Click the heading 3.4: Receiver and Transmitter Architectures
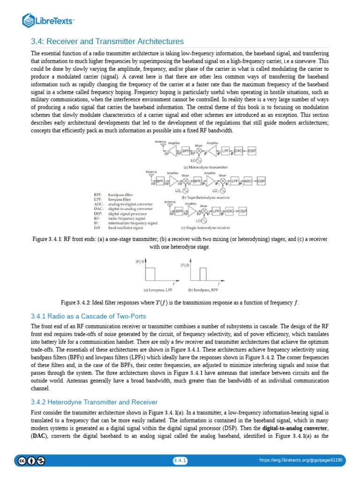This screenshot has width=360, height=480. click(107, 42)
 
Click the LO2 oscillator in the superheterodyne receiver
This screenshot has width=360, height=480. click(223, 191)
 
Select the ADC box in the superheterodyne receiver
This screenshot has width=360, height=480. click(248, 181)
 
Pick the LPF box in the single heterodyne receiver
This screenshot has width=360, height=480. click(217, 211)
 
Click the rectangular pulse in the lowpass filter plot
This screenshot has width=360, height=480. click(150, 274)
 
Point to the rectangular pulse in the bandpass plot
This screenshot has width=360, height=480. click(202, 274)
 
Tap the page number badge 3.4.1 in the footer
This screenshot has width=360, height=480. click(180, 461)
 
